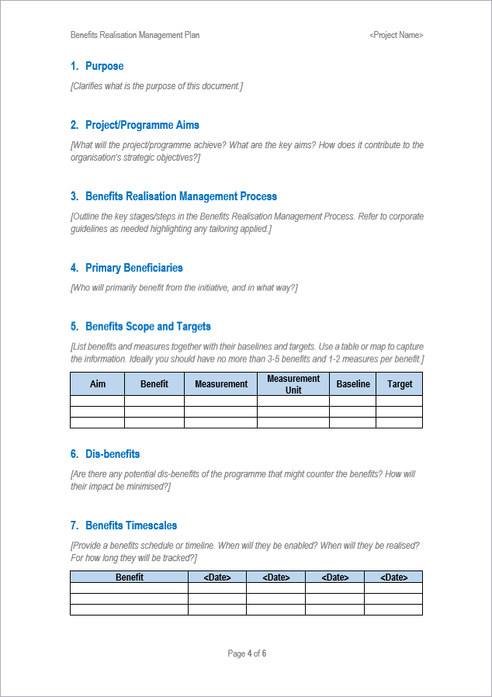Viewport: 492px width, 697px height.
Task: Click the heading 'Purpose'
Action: (104, 66)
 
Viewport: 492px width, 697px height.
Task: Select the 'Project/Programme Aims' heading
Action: (142, 125)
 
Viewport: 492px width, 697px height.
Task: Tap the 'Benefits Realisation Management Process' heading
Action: (181, 196)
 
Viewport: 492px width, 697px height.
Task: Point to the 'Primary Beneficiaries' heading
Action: (134, 268)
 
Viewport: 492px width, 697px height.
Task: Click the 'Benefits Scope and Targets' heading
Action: (148, 326)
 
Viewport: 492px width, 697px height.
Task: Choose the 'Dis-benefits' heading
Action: (113, 454)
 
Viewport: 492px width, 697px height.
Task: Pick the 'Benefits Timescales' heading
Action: (131, 525)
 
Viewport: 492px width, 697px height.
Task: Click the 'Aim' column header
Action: (98, 383)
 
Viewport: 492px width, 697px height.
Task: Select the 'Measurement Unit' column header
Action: (293, 383)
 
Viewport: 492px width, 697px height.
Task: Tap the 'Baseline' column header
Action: (353, 383)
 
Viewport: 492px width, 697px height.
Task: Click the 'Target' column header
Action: (400, 383)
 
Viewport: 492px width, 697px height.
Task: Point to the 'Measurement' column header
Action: (221, 383)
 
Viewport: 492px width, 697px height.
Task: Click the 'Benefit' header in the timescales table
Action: (130, 577)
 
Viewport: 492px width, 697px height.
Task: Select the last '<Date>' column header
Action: (393, 577)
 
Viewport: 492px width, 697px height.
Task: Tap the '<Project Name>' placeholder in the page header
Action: (396, 35)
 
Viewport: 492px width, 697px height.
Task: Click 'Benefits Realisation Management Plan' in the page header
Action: (135, 35)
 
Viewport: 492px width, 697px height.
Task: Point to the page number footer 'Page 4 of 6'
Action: (247, 654)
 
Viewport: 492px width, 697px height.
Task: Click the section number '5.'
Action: (74, 326)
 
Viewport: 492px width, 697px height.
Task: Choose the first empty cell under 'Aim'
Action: (98, 401)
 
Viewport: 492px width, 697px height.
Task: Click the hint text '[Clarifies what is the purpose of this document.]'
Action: (156, 86)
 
